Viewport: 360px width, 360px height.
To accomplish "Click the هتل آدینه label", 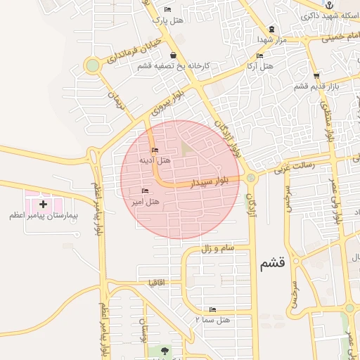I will pyautogui.click(x=155, y=160).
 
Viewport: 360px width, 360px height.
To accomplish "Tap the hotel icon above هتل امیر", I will pyautogui.click(x=146, y=191).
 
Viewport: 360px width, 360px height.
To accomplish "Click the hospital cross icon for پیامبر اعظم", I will pyautogui.click(x=44, y=204).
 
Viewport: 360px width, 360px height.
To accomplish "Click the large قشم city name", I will pyautogui.click(x=272, y=264).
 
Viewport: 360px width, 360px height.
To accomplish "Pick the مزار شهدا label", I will pyautogui.click(x=271, y=40).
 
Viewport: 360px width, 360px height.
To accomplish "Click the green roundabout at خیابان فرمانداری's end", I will pyautogui.click(x=92, y=66).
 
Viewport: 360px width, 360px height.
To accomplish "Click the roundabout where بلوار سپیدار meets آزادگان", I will pyautogui.click(x=251, y=179).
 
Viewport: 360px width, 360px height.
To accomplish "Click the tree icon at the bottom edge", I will pyautogui.click(x=165, y=350).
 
